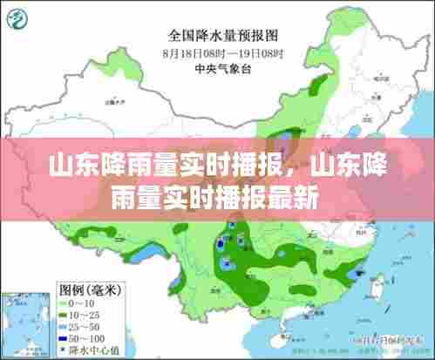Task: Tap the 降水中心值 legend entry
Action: click(90, 349)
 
